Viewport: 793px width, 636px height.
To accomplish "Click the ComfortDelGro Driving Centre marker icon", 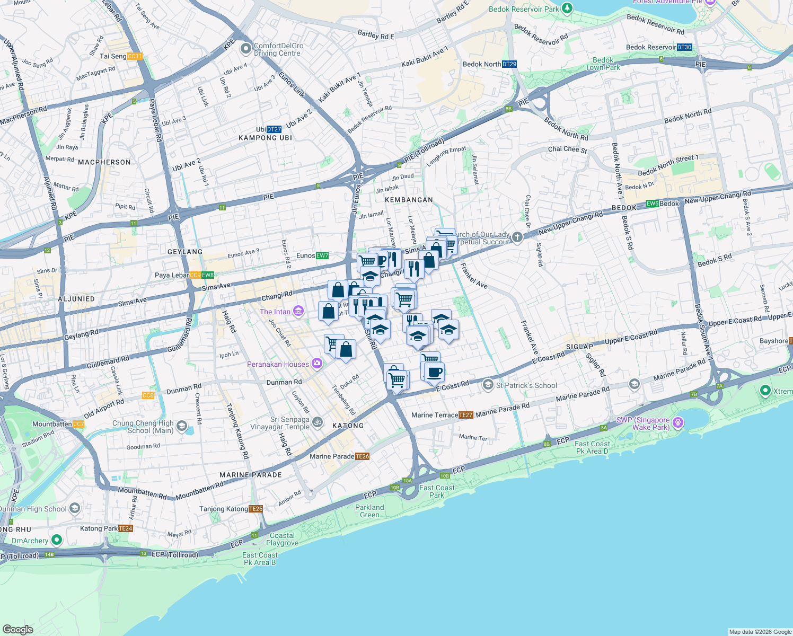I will tap(245, 49).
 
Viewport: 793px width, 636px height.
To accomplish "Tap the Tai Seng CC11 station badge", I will tap(135, 56).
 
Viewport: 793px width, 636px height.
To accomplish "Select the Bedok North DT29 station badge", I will tap(509, 64).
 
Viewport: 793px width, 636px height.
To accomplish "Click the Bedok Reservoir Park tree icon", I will tap(567, 8).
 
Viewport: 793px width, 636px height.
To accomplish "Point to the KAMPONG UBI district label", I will tap(265, 138).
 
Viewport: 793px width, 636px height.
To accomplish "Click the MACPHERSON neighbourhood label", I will tap(104, 162).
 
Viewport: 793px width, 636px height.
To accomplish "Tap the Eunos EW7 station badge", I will tap(322, 255).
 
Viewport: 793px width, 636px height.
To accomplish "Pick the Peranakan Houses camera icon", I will tap(317, 364).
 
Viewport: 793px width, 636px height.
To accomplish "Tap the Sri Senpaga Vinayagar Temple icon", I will tap(317, 422).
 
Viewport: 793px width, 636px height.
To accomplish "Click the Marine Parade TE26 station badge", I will tap(362, 456).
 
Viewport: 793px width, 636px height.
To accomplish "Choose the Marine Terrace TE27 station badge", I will tap(465, 415).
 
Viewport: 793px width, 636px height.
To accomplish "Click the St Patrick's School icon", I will tap(488, 385).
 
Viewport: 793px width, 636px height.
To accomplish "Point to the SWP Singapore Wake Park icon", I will tap(678, 423).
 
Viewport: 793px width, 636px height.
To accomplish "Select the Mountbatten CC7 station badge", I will tap(78, 424).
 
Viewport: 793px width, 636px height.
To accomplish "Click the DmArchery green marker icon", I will tap(57, 540).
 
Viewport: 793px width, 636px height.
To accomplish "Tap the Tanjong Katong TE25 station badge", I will tap(255, 509).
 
